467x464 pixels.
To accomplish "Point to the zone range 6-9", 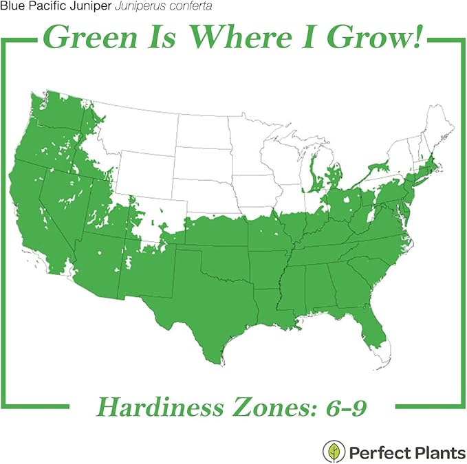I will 344,407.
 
